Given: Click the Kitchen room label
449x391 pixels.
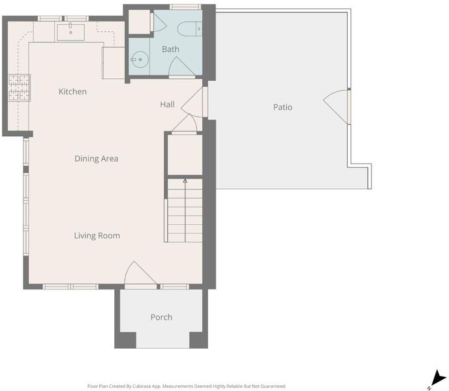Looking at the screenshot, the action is [x=72, y=91].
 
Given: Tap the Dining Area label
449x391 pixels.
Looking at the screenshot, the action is [x=96, y=158].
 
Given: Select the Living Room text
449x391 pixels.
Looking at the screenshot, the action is [x=97, y=236].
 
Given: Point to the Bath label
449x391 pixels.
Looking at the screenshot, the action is [x=171, y=49].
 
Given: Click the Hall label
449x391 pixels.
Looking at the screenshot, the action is [x=167, y=104].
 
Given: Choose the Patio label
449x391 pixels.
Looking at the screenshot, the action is [x=283, y=108].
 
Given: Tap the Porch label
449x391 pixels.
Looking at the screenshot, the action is [x=161, y=317].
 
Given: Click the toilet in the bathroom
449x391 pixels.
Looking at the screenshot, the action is [x=189, y=29].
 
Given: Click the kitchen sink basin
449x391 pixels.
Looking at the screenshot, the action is [x=70, y=33].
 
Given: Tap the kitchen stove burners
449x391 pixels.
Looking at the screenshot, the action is [x=19, y=87].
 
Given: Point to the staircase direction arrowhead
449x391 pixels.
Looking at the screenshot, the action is [x=185, y=181].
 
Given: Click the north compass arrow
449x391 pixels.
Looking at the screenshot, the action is [x=438, y=378].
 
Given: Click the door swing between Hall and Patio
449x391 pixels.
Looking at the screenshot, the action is [x=192, y=102].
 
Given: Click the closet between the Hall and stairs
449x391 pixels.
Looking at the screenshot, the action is [x=185, y=154].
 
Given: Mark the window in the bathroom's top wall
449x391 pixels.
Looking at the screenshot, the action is [x=185, y=7].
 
